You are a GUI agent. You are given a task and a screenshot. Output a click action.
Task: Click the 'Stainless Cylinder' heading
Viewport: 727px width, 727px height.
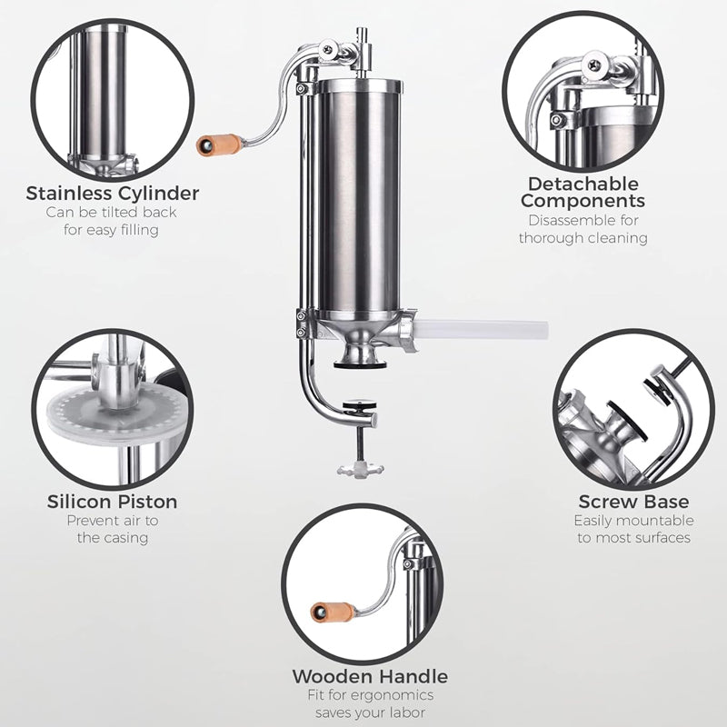113,194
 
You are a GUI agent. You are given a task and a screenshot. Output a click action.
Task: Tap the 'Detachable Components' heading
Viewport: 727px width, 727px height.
583,193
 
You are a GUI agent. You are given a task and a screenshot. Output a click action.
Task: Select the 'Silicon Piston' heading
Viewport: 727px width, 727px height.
113,502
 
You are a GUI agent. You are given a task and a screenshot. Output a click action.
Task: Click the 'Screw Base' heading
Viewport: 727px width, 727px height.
633,502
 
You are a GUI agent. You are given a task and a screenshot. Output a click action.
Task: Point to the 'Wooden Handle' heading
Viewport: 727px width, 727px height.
369,676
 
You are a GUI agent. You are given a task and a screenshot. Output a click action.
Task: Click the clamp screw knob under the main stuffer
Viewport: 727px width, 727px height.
359,468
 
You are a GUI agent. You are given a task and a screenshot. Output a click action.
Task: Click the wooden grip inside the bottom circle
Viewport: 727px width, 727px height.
334,612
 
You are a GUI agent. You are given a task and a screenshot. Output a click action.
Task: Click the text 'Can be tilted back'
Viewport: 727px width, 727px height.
113,213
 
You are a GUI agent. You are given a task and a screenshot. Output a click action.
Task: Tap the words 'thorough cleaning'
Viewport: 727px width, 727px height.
583,238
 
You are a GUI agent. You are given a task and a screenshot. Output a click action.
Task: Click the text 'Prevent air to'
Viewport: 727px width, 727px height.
113,521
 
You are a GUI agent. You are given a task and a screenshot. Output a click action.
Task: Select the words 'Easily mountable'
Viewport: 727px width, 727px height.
633,521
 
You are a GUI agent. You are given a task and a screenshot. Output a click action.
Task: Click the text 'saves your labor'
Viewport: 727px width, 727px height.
369,713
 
